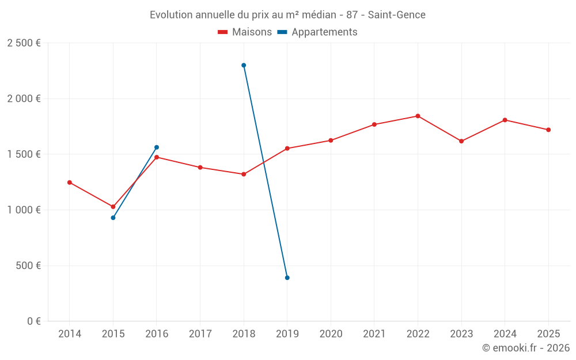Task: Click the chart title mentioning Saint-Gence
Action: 287,14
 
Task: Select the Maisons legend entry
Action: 245,32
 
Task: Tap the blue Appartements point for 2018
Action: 244,65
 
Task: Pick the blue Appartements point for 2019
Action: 287,278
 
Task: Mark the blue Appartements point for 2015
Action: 113,218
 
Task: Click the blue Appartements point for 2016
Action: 157,147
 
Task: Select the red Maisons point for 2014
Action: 70,183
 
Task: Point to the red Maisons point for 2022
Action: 418,116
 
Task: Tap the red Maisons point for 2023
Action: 461,141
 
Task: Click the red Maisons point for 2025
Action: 548,130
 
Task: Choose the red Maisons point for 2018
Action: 244,174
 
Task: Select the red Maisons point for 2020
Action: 331,141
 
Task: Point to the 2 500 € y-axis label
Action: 24,43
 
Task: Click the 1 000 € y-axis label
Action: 24,210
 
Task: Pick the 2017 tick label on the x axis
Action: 200,334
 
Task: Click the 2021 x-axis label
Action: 374,334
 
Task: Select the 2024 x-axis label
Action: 505,334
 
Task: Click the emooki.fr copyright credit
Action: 526,348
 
